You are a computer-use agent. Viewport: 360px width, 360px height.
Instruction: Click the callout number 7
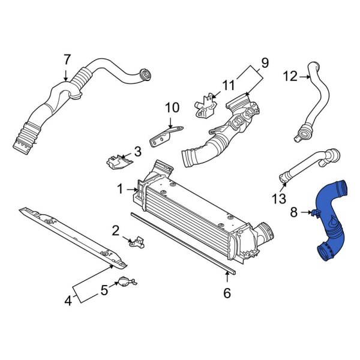67,60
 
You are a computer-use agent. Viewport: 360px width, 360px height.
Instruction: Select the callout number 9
265,63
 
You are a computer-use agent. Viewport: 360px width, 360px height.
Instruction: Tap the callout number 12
290,76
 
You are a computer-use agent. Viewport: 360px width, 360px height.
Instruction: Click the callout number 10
172,108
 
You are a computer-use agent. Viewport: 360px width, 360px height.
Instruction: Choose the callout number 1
120,189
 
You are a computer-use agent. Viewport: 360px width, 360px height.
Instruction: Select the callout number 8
294,211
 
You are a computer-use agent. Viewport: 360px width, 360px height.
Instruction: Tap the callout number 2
116,230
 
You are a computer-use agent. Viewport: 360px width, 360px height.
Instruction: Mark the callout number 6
227,293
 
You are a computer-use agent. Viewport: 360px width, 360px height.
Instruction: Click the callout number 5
104,290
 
